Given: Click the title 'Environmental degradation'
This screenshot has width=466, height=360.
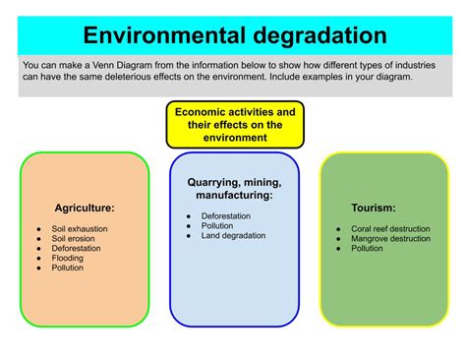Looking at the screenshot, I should (x=234, y=35).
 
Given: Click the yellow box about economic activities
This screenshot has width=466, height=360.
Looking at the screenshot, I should (x=235, y=125).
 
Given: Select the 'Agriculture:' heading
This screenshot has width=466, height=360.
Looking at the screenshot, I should (x=85, y=209).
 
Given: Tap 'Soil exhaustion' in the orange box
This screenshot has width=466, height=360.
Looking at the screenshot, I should (x=80, y=228).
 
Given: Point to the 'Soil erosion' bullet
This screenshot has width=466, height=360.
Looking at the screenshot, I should (x=74, y=238).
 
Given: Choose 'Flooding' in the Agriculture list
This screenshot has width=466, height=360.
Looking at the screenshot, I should (x=68, y=258).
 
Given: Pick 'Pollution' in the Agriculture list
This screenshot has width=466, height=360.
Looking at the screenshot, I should (x=68, y=268).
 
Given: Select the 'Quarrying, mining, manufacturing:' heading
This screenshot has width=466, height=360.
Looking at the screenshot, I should (x=235, y=189).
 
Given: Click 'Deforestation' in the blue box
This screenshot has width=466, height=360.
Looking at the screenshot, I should (x=226, y=215).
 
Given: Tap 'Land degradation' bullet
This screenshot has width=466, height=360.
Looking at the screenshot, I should (x=232, y=235).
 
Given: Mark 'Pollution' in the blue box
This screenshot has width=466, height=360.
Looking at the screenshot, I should (x=217, y=225).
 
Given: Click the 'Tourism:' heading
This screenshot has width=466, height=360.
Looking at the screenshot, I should (x=374, y=209).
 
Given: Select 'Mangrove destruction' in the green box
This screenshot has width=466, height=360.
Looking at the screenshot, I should (x=390, y=238).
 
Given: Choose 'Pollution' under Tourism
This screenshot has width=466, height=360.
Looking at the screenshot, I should (x=368, y=248).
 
